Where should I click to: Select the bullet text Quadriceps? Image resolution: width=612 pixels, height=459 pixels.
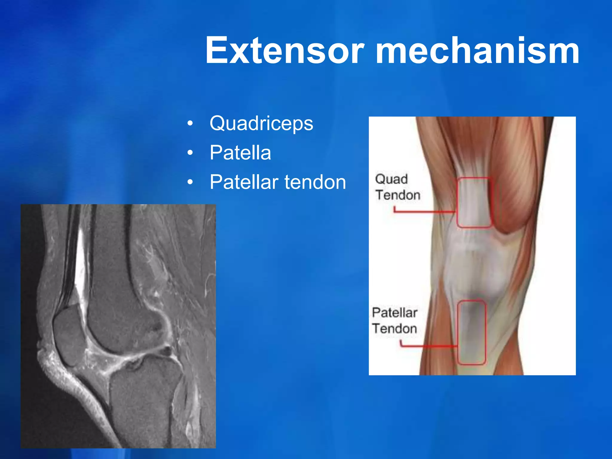[261, 123]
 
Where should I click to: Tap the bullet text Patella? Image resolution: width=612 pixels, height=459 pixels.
[240, 153]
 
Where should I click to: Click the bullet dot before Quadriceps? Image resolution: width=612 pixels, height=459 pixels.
[190, 123]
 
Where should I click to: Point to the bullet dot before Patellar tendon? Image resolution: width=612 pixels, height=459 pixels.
[190, 182]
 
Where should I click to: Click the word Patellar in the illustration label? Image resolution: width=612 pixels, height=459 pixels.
[394, 313]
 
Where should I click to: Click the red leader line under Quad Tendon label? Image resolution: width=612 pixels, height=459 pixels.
[424, 212]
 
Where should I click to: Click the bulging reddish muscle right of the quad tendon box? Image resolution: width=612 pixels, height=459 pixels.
[514, 203]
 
